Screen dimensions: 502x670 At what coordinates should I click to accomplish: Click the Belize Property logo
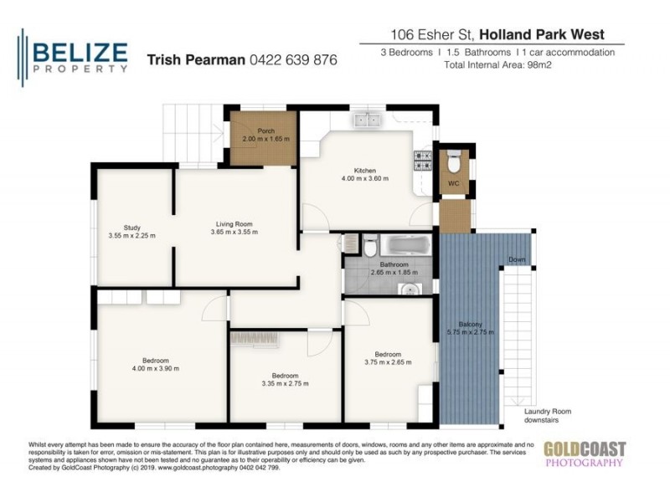point(74,56)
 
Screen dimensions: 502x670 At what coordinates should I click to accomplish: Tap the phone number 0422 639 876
point(289,60)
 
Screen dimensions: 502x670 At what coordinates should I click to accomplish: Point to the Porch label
point(265,131)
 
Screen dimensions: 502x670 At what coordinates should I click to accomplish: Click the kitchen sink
point(366,120)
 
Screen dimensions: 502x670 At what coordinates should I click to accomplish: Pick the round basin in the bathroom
point(410,290)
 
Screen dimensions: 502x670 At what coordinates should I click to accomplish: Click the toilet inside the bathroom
point(369,248)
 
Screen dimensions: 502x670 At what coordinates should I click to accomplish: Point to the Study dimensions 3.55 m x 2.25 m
point(131,236)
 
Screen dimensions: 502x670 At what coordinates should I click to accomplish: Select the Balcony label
point(470,325)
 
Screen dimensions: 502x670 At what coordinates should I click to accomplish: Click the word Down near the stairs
point(517,259)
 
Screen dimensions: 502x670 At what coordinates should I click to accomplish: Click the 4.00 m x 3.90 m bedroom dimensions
point(155,368)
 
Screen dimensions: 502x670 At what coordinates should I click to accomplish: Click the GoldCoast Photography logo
point(584,453)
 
